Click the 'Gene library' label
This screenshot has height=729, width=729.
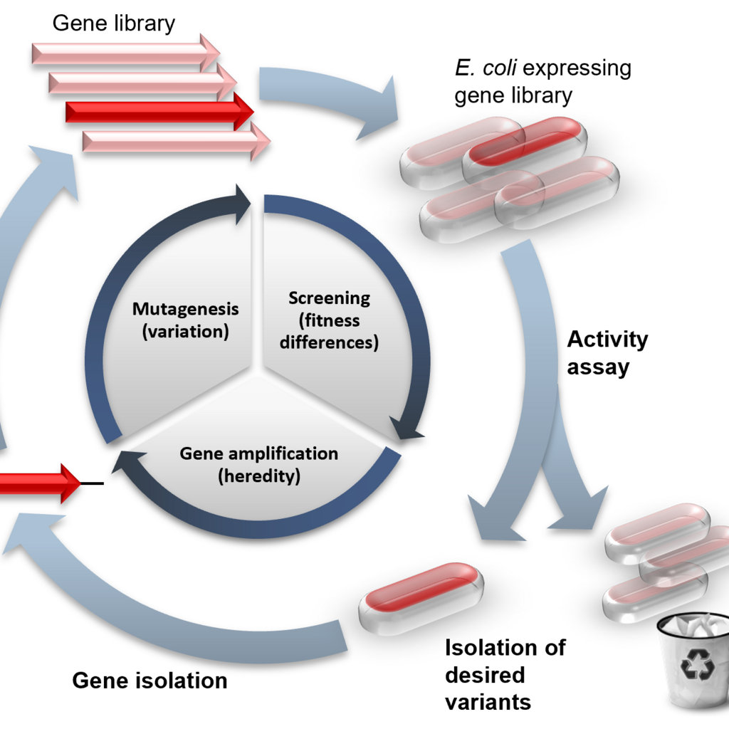click(113, 23)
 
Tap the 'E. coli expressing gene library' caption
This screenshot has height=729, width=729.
click(542, 82)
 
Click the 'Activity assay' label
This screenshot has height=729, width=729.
click(607, 352)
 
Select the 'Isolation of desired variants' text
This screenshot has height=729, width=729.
click(505, 674)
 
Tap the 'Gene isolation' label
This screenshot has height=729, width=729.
click(150, 681)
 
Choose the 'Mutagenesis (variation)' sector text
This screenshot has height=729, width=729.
click(185, 320)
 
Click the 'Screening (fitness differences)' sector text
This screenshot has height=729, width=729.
click(329, 320)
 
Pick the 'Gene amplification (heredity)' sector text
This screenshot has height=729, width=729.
click(258, 464)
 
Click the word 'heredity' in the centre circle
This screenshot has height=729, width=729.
click(259, 476)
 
